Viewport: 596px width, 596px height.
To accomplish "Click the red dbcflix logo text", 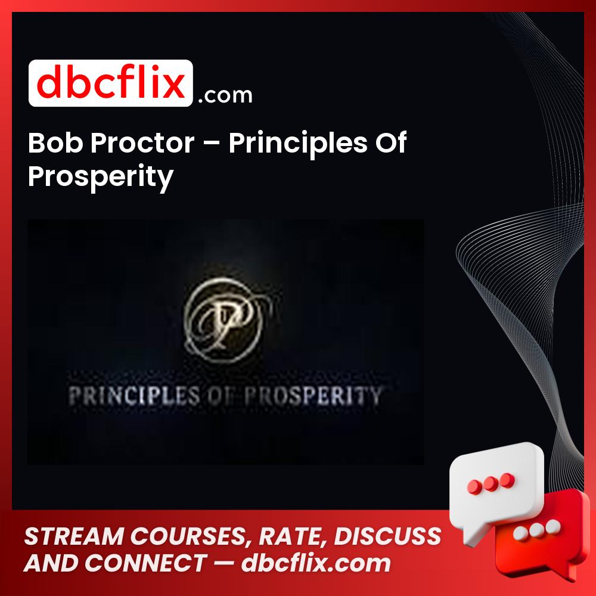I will click(x=110, y=83).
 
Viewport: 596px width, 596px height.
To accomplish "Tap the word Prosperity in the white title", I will click(x=100, y=176).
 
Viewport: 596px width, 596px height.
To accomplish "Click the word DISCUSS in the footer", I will click(x=388, y=536).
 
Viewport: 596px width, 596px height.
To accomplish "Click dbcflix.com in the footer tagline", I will click(x=316, y=563).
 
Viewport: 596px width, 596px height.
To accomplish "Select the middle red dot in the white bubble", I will click(x=491, y=482).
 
